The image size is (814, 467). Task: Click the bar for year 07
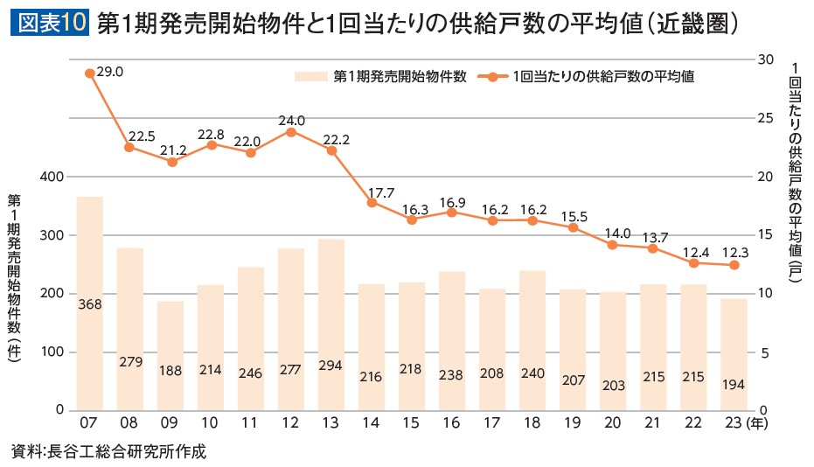coord(89,303)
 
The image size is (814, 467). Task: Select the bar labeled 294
coord(330,324)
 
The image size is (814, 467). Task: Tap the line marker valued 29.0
coord(89,73)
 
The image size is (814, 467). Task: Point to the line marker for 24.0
coord(290,131)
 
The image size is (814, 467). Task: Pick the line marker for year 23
coord(734,265)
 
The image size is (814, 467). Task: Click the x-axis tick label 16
coord(451,423)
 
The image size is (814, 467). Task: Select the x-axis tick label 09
coord(170,423)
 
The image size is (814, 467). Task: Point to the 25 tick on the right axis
coord(766,117)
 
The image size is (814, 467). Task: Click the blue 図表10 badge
coord(49,24)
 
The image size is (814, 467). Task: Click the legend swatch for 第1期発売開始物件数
coord(312,76)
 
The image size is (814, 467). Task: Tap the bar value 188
coord(170,370)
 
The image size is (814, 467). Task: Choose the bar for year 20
coord(612,351)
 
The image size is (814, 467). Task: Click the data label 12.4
coord(694,252)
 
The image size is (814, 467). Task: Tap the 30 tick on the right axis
coord(766,59)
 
